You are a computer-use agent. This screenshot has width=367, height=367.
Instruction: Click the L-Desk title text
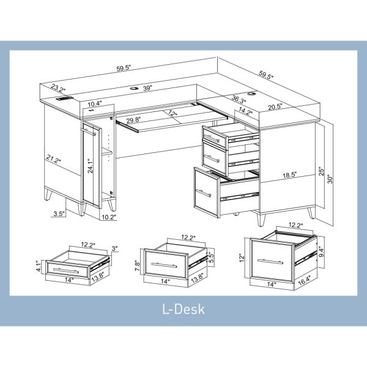183,309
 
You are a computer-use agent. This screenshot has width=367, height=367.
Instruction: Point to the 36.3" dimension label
239,100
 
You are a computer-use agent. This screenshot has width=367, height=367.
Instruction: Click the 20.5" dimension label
275,107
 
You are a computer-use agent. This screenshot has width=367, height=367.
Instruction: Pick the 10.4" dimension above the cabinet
95,105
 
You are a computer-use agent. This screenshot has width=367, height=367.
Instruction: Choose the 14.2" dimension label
246,112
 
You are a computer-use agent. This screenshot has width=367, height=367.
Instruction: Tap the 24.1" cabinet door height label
90,166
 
